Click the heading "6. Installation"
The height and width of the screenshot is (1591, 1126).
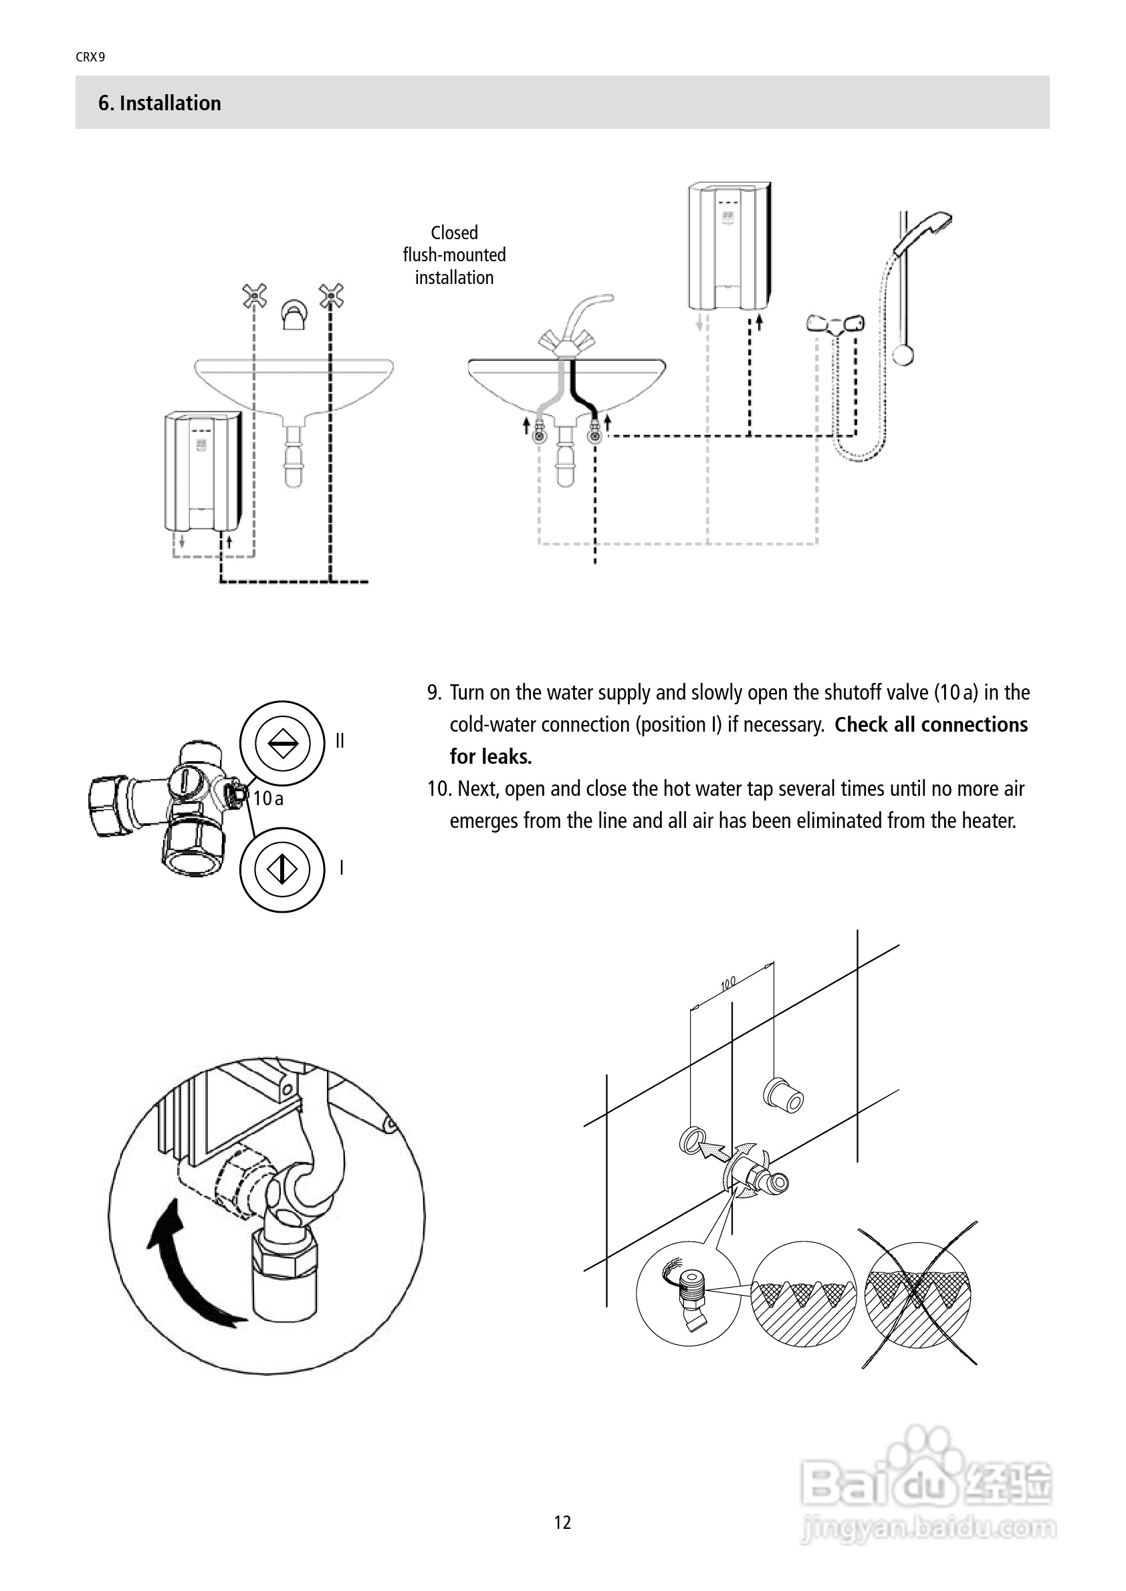[159, 104]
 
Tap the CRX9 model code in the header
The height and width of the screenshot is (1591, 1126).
[90, 57]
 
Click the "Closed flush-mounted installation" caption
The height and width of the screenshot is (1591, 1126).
[454, 255]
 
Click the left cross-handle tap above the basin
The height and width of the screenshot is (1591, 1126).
[255, 297]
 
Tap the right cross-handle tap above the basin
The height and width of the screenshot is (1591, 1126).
[332, 297]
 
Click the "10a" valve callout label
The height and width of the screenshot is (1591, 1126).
[267, 799]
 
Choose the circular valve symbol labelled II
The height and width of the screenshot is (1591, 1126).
[282, 743]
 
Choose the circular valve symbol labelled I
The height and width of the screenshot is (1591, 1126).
[282, 869]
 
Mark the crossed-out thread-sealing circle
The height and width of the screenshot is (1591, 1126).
[918, 1294]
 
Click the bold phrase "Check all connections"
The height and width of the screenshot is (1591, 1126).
[931, 725]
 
